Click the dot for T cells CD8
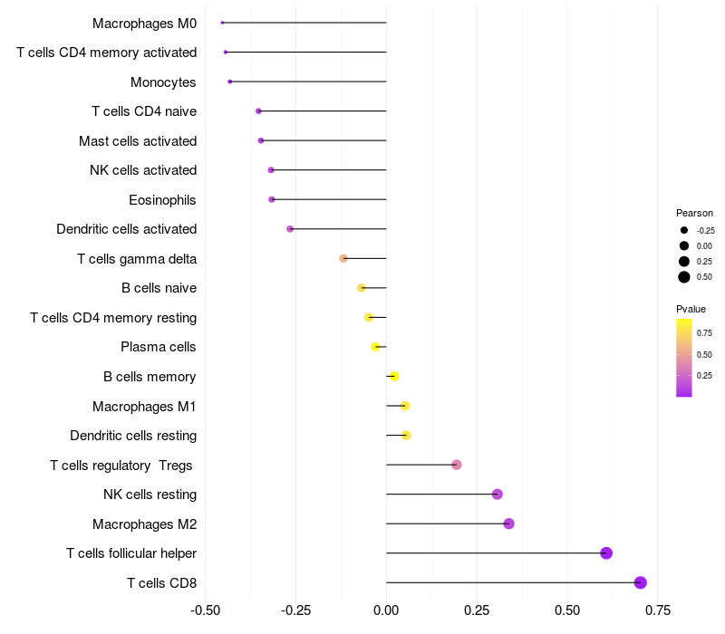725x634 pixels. [x=641, y=582]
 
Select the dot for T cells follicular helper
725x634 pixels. [x=606, y=553]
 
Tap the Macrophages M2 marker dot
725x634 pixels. [x=508, y=524]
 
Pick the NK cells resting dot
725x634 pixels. [x=497, y=494]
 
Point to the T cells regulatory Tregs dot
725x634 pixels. [x=457, y=465]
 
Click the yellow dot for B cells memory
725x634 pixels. [x=393, y=376]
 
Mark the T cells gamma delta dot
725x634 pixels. [x=343, y=258]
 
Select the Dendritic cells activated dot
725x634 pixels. [x=290, y=229]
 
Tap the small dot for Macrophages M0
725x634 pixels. [x=222, y=23]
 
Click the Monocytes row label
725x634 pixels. [x=163, y=82]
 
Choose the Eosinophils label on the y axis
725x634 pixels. [x=162, y=199]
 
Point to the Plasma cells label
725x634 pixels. [x=159, y=347]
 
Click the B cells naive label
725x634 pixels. [x=159, y=288]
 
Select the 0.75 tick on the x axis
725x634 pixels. [x=657, y=610]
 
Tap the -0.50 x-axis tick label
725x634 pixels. [x=206, y=610]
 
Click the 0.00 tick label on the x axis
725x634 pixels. [x=386, y=610]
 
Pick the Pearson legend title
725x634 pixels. [x=694, y=213]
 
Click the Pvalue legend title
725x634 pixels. [x=691, y=309]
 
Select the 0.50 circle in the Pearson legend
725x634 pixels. [x=684, y=277]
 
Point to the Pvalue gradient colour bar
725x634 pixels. [x=684, y=357]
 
